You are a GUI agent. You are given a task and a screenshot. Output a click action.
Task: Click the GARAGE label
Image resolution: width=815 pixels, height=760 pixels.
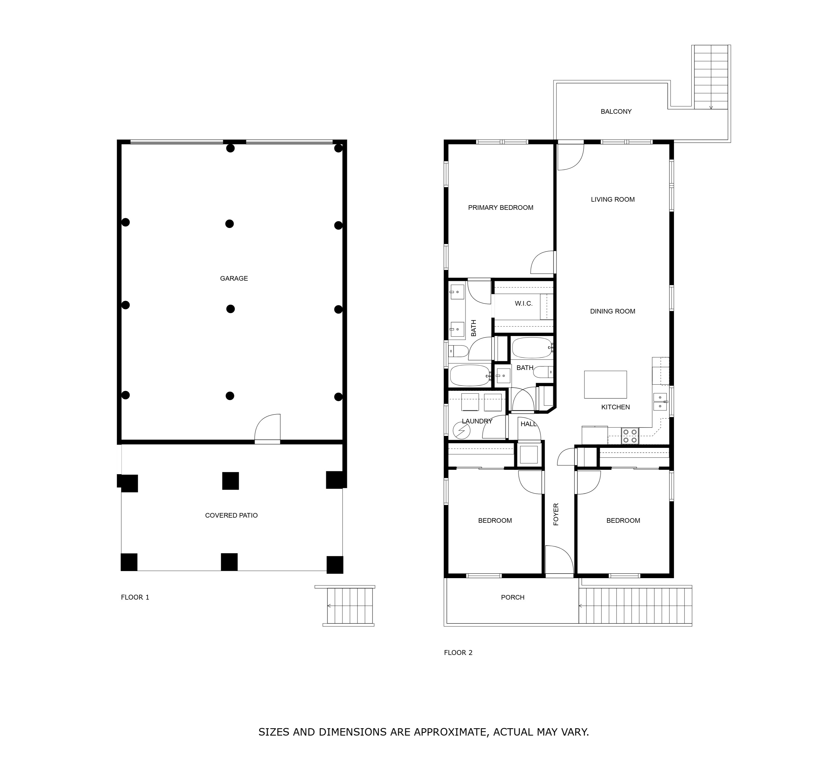234,278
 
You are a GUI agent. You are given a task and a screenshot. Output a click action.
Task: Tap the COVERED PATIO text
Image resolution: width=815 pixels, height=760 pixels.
231,515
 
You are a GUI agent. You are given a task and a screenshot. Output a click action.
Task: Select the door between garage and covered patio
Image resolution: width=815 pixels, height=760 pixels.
268,428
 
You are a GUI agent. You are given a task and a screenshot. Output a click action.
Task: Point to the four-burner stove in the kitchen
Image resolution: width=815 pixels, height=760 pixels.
630,436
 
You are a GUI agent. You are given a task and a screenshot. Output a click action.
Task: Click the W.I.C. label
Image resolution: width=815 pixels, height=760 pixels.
524,303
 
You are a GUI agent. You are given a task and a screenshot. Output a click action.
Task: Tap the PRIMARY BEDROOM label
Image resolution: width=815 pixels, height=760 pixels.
501,208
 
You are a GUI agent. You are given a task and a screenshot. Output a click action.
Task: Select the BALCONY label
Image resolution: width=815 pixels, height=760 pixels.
616,112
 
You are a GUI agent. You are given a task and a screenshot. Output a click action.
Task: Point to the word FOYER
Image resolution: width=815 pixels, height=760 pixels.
556,514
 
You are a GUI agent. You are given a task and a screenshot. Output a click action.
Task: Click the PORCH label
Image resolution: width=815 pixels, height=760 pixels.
512,597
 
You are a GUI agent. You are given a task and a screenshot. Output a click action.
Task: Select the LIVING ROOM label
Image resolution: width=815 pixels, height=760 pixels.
613,199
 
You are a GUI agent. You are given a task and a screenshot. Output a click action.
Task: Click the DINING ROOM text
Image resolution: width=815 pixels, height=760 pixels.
613,311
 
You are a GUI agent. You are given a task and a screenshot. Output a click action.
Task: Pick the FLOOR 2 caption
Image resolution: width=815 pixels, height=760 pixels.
458,653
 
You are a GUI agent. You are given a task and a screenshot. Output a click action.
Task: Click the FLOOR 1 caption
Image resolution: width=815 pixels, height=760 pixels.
135,597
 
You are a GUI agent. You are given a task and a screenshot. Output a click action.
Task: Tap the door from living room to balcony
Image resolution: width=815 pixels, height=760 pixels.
570,156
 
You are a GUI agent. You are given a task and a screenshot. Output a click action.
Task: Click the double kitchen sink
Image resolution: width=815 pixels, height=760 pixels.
660,401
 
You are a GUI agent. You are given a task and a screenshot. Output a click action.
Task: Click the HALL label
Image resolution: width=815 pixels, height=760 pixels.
528,424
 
